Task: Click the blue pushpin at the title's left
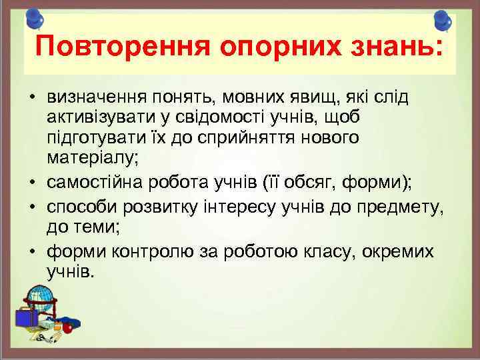(x=35, y=19)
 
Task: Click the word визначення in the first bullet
(x=86, y=97)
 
